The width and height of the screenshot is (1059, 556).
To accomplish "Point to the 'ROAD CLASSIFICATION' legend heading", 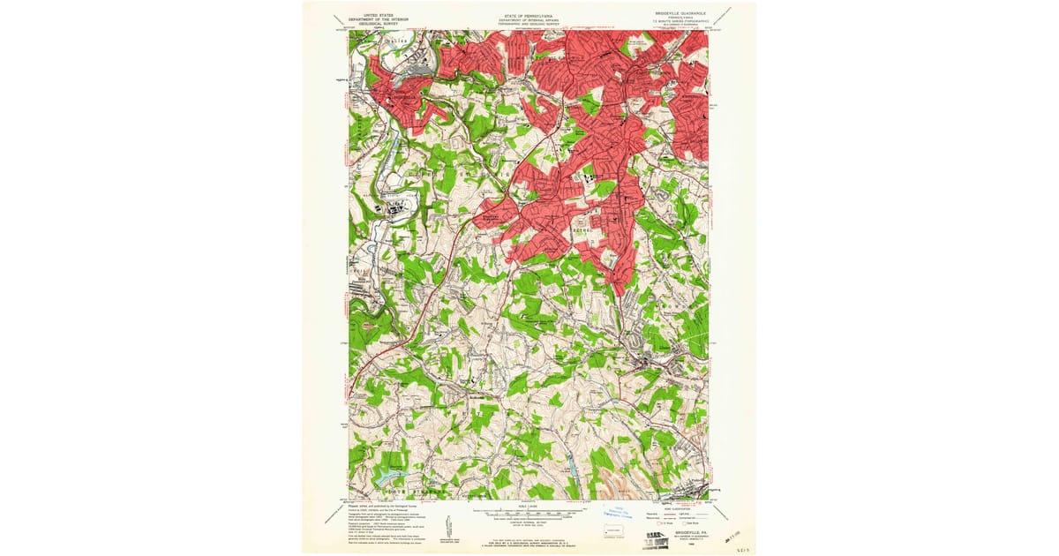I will (691, 509).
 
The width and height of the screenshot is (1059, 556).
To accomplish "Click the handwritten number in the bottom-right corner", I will (738, 547).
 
